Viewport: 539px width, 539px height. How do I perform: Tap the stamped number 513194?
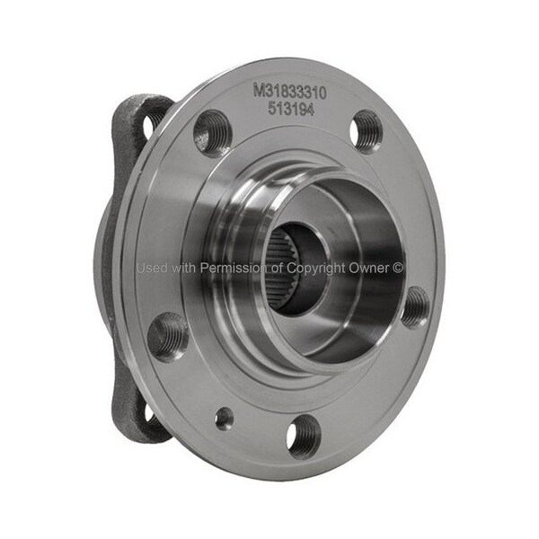pyautogui.click(x=291, y=110)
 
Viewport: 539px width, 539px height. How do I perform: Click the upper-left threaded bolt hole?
pyautogui.click(x=211, y=133)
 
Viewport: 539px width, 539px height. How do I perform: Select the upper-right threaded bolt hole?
pyautogui.click(x=367, y=132)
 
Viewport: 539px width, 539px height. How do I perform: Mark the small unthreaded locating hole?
pyautogui.click(x=224, y=419)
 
